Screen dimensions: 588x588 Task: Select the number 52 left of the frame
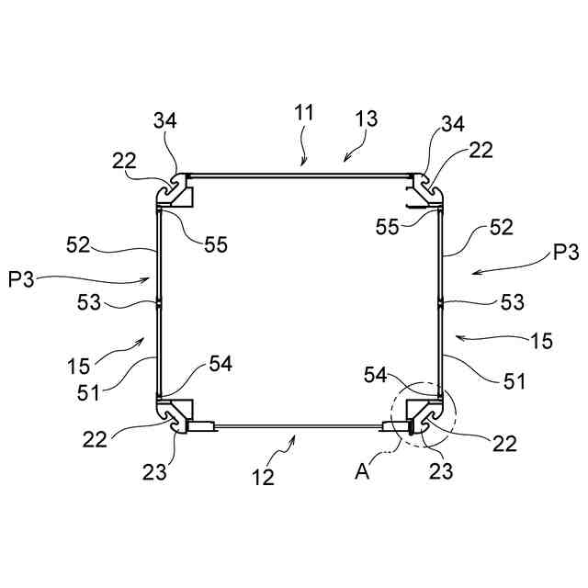click(80, 244)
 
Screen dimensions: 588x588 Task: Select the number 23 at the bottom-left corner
click(154, 472)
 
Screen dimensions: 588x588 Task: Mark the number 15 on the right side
click(541, 341)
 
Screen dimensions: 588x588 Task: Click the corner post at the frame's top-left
click(171, 189)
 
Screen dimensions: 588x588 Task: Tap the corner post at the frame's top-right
click(428, 189)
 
